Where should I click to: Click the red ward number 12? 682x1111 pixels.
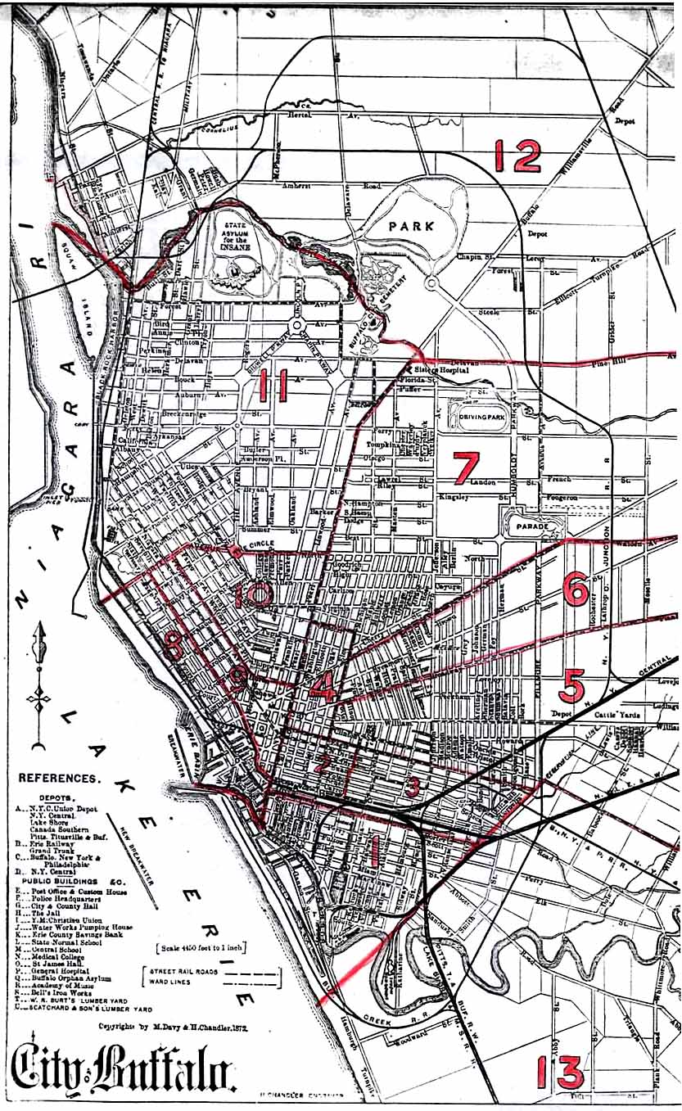517,156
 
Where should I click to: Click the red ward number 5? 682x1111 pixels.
572,686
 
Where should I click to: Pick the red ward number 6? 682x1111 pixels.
576,588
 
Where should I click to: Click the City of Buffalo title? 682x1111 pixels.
124,1069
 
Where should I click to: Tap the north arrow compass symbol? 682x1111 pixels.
38,688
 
